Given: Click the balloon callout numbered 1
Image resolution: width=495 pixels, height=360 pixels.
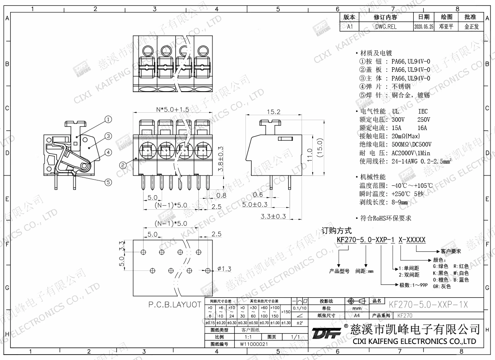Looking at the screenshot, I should [108, 120].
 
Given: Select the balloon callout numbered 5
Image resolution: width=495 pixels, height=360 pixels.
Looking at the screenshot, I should [108, 182].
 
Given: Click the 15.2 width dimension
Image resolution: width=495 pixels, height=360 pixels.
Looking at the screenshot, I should [273, 112].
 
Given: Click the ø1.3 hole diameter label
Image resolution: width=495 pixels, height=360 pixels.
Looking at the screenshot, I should [224, 269].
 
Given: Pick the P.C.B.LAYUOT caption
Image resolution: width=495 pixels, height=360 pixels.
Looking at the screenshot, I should [175, 305].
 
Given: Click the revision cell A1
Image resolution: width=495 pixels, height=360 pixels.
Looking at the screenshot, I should [350, 26].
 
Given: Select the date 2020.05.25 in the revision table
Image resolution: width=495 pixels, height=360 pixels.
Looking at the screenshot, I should [423, 26].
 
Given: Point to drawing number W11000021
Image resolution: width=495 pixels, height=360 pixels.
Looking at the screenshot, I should [254, 344].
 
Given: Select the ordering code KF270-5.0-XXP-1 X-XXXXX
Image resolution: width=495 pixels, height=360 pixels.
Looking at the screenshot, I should [381, 240].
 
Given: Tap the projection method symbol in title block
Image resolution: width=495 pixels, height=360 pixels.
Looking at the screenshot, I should [356, 301].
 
